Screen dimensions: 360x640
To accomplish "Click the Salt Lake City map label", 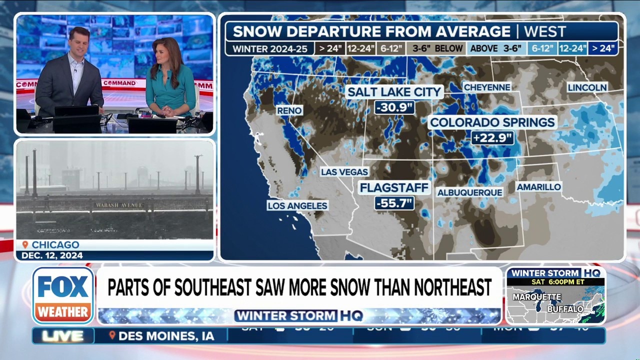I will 394,92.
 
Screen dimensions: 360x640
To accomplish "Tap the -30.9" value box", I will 394,107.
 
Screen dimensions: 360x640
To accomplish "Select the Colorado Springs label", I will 492,122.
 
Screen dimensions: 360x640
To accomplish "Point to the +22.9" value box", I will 492,137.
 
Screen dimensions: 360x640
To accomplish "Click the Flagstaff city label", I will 394,188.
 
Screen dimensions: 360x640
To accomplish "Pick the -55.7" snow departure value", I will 394,203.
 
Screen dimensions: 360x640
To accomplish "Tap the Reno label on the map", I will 289,110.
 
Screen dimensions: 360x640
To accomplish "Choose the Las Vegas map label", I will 344,172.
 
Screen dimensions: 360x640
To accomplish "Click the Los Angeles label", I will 297,205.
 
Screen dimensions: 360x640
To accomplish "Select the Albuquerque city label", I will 469,192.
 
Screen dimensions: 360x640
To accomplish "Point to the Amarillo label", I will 538,187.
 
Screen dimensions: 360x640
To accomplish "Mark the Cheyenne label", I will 487,87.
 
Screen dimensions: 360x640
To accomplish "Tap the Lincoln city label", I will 587,87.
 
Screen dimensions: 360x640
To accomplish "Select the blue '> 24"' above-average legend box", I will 603,48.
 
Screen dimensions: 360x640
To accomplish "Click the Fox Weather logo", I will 63,295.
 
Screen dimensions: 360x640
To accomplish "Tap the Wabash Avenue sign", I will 119,205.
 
